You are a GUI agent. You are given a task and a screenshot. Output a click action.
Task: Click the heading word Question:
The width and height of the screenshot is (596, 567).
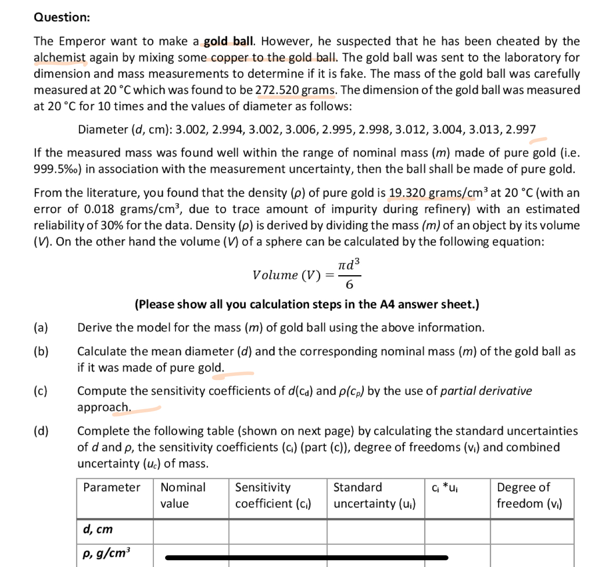click(x=62, y=17)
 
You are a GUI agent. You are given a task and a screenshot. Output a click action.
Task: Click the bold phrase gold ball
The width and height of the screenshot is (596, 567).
click(x=229, y=41)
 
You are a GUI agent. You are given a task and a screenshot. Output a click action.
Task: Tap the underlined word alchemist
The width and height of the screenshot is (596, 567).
click(x=59, y=58)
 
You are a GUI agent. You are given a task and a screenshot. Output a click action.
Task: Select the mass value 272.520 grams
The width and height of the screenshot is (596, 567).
click(x=296, y=90)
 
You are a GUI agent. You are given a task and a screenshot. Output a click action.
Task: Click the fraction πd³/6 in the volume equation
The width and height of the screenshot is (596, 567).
click(x=349, y=274)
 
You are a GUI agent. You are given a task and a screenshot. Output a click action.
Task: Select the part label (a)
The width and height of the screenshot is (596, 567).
click(x=40, y=327)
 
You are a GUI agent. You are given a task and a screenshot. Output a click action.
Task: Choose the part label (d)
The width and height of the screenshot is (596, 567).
click(x=41, y=431)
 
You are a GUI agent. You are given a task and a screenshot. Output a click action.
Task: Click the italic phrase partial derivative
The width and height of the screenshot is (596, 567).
click(x=486, y=391)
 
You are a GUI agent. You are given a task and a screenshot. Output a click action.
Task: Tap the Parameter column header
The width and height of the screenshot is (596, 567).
click(x=112, y=487)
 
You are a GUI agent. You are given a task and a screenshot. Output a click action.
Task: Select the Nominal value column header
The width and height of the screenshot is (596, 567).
click(x=183, y=495)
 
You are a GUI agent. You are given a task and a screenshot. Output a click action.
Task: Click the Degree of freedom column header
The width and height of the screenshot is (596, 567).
click(x=529, y=495)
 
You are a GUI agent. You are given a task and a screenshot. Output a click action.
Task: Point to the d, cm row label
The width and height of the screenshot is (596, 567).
click(x=98, y=529)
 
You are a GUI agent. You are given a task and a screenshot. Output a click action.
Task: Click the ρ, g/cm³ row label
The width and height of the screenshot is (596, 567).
click(x=107, y=553)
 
